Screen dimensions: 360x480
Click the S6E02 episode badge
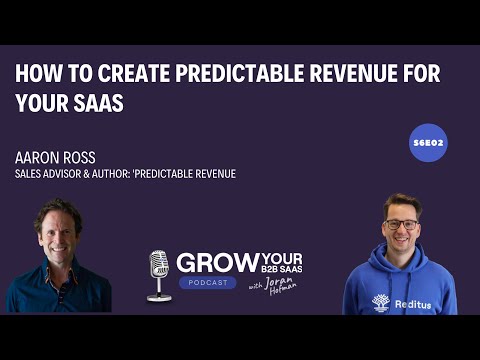click(x=428, y=143)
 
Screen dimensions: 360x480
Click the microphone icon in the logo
click(x=159, y=273)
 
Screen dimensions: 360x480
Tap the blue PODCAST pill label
click(x=209, y=283)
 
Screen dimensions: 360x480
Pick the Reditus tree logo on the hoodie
click(x=380, y=301)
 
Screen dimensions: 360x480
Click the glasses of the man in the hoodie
click(x=401, y=224)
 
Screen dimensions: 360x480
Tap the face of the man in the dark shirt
click(x=56, y=232)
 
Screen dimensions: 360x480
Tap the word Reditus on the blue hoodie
click(x=412, y=304)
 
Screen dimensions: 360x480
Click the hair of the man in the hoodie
click(x=402, y=202)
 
